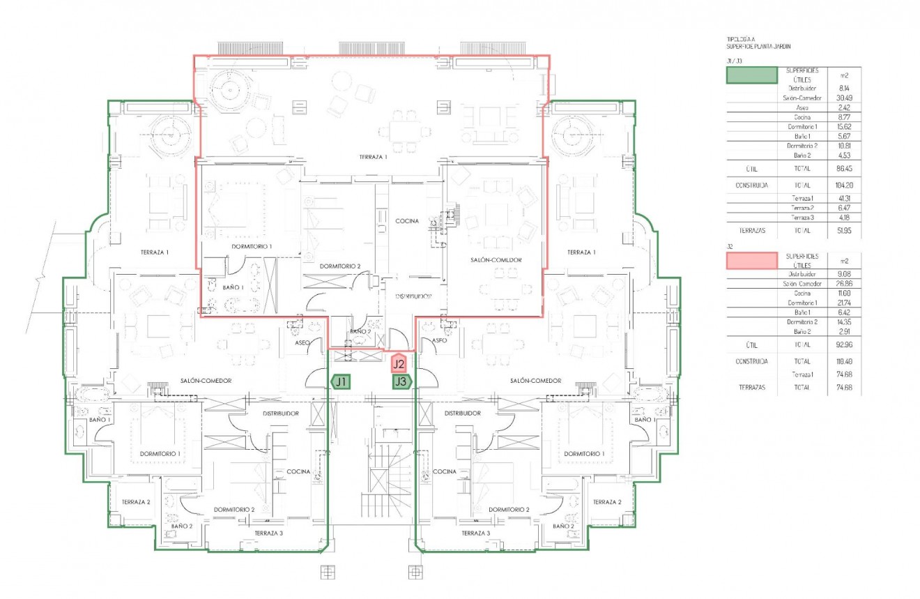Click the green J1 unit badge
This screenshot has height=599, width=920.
pyautogui.click(x=341, y=381)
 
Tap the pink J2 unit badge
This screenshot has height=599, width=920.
pyautogui.click(x=399, y=363)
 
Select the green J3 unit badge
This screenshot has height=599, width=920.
pyautogui.click(x=400, y=381)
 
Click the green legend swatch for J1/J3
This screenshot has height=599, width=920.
pyautogui.click(x=751, y=75)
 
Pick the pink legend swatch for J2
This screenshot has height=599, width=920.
pyautogui.click(x=751, y=261)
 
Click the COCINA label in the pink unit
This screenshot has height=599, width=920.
pyautogui.click(x=407, y=221)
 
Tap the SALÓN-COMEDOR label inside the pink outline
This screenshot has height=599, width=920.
pyautogui.click(x=495, y=259)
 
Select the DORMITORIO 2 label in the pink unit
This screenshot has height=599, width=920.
pyautogui.click(x=340, y=266)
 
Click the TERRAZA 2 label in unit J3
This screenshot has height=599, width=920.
pyautogui.click(x=607, y=502)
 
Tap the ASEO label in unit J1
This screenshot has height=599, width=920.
pyautogui.click(x=302, y=342)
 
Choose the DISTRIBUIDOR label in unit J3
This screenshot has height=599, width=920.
pyautogui.click(x=462, y=414)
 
